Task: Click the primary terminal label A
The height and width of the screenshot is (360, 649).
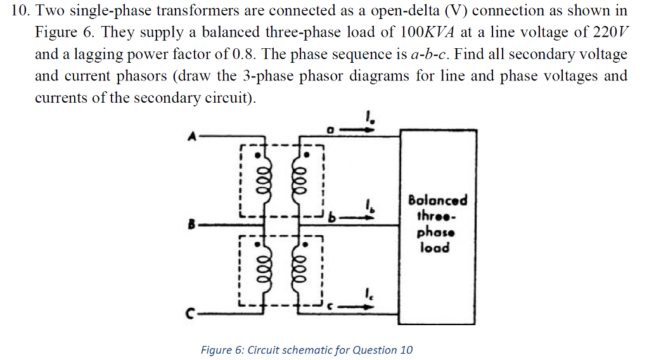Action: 189,135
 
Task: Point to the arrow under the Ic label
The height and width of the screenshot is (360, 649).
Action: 359,307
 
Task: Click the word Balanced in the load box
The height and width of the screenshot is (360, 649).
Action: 437,200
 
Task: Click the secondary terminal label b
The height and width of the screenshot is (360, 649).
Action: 331,219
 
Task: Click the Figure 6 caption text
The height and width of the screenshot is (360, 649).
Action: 307,350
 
